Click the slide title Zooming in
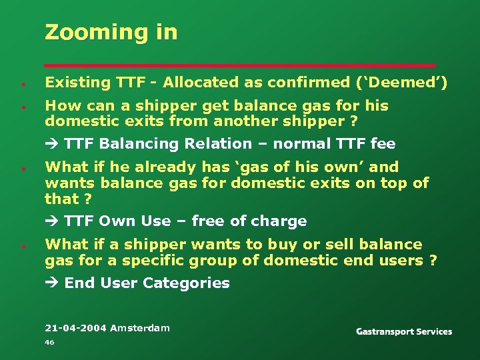click(111, 32)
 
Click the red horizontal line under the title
click(240, 65)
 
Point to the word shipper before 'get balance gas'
click(164, 106)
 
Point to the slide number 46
click(49, 342)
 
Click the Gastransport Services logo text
click(404, 331)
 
